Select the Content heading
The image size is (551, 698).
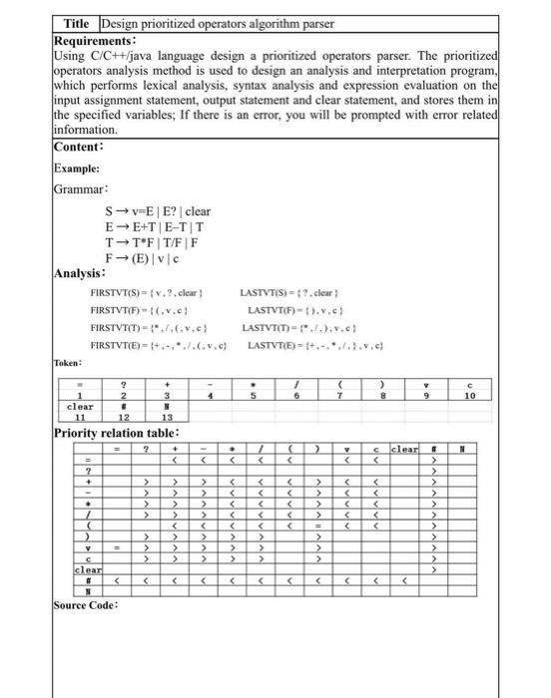pyautogui.click(x=80, y=147)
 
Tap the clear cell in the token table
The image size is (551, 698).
pyautogui.click(x=80, y=407)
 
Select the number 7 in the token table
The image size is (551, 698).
pyautogui.click(x=341, y=396)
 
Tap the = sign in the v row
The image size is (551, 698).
pyautogui.click(x=117, y=547)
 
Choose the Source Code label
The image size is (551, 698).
pyautogui.click(x=86, y=604)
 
